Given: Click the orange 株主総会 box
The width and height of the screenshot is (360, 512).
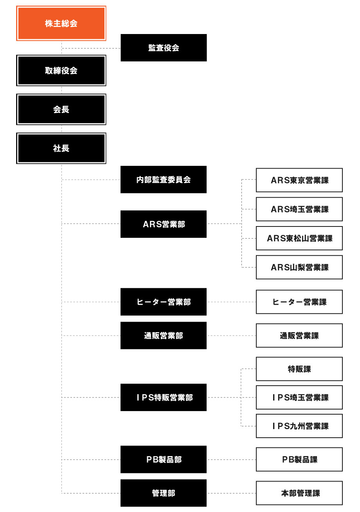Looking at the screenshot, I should pyautogui.click(x=61, y=23).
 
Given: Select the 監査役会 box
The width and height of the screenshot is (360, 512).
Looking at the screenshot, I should pyautogui.click(x=164, y=48).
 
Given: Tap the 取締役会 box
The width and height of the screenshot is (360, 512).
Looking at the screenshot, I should pyautogui.click(x=61, y=70).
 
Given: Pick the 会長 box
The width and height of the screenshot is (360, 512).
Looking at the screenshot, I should pyautogui.click(x=61, y=110).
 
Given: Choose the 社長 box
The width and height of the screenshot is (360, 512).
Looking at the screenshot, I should pyautogui.click(x=61, y=149).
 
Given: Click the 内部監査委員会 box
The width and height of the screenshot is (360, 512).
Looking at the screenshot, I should pyautogui.click(x=164, y=180).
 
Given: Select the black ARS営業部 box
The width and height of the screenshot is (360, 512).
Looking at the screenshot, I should pyautogui.click(x=164, y=224).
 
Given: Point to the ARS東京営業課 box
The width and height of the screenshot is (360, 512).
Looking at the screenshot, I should pyautogui.click(x=299, y=180).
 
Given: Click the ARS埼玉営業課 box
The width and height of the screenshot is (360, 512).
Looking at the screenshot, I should pyautogui.click(x=299, y=209).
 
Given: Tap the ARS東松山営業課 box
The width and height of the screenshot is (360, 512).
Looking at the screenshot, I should pyautogui.click(x=299, y=238).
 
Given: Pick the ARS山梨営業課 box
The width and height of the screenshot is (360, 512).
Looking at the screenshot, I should pyautogui.click(x=299, y=268).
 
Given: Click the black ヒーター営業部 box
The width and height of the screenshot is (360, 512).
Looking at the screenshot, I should pyautogui.click(x=164, y=302).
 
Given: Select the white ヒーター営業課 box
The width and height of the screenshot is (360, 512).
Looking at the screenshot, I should pyautogui.click(x=299, y=302).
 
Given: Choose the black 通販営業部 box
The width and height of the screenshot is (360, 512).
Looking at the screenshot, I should pyautogui.click(x=164, y=336).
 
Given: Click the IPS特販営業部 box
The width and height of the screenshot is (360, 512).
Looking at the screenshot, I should pyautogui.click(x=164, y=397).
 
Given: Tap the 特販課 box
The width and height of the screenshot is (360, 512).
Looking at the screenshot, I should pyautogui.click(x=299, y=369).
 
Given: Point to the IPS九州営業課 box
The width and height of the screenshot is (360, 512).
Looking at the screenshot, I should pyautogui.click(x=299, y=426).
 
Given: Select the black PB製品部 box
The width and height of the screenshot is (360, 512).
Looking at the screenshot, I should pyautogui.click(x=164, y=460).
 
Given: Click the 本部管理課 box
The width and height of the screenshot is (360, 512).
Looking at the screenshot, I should pyautogui.click(x=299, y=493).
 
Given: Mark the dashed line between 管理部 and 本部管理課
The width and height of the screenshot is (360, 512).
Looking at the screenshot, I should pyautogui.click(x=231, y=493).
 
